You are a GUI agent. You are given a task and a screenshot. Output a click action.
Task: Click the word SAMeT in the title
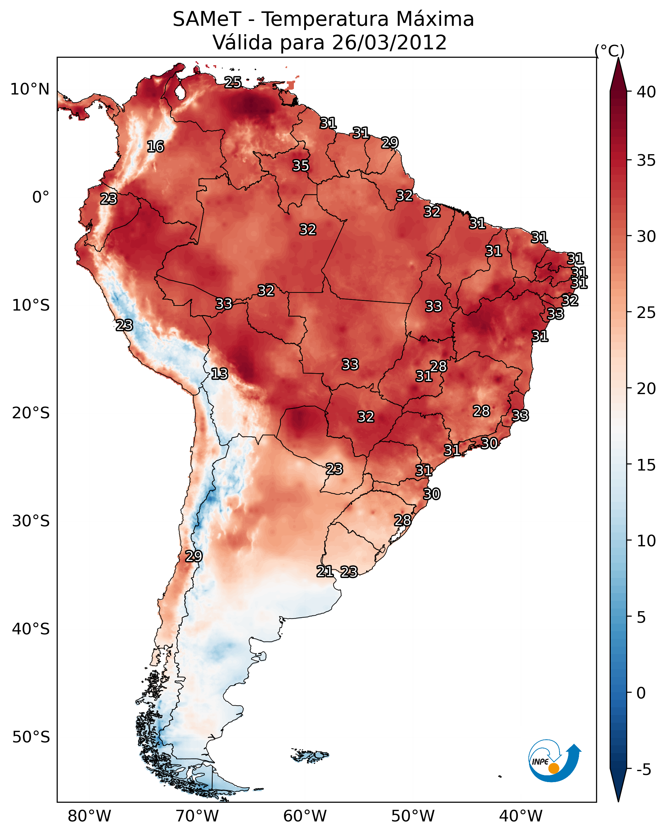click(x=207, y=19)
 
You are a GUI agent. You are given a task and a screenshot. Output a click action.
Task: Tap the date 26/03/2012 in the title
click(x=389, y=43)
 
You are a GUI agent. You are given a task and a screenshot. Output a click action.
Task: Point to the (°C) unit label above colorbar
click(x=609, y=51)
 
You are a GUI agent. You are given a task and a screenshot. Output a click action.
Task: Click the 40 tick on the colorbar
click(x=646, y=92)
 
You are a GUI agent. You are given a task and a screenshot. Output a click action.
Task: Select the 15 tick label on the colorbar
click(x=646, y=465)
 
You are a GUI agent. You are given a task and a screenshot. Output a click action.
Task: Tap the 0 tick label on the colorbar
click(x=641, y=693)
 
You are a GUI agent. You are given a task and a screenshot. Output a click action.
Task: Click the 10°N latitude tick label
click(x=30, y=89)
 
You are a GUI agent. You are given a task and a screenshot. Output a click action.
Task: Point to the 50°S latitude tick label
click(x=31, y=737)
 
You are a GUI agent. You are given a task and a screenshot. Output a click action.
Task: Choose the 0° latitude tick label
click(x=41, y=197)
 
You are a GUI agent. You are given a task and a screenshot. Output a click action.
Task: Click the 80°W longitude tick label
click(x=89, y=816)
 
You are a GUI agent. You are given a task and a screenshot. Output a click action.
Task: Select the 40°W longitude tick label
click(x=521, y=816)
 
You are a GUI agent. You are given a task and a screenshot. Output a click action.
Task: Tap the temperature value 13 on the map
click(x=219, y=374)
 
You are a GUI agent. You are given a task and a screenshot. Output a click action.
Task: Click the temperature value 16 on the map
click(x=155, y=147)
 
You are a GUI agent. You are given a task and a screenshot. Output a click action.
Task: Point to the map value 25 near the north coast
click(x=233, y=82)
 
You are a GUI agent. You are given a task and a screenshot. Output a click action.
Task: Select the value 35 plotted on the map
click(x=301, y=165)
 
